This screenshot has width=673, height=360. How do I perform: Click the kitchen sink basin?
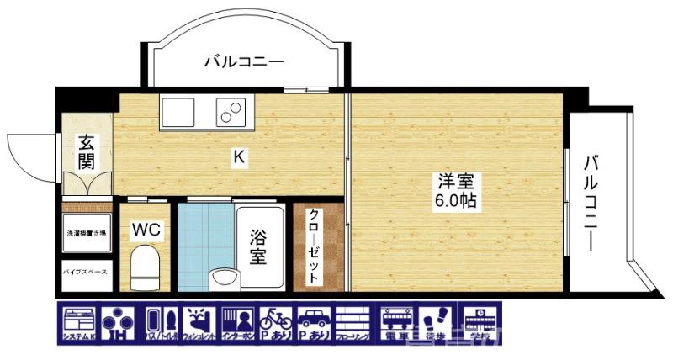click(x=178, y=109)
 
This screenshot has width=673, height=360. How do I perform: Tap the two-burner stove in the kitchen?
click(x=231, y=110)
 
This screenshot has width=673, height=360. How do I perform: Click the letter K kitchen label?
click(x=239, y=156)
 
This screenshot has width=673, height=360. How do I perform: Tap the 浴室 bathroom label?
click(x=258, y=247)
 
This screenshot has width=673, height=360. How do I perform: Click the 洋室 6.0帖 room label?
click(x=456, y=190)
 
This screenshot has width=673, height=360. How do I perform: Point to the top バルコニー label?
click(x=244, y=61)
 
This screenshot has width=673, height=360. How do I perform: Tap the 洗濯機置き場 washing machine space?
click(x=85, y=232)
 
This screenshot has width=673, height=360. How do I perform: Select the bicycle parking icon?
click(x=276, y=323)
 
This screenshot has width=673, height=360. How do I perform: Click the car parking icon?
click(x=313, y=323)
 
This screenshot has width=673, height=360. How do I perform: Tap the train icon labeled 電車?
click(x=396, y=323)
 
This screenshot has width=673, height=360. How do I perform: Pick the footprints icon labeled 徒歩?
click(x=436, y=323)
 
